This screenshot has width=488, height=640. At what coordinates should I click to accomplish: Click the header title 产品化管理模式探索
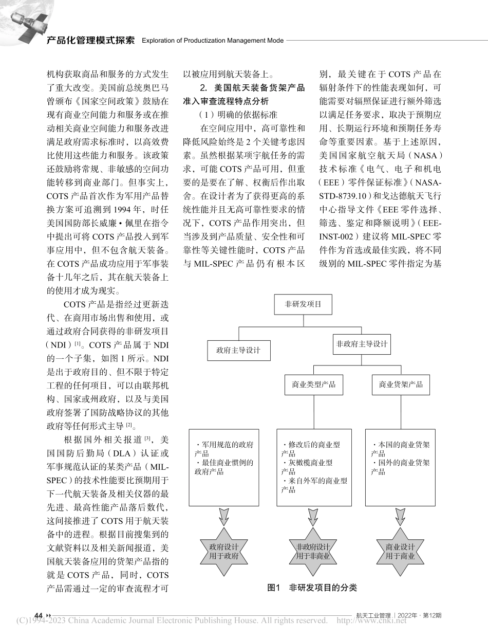pos(90,40)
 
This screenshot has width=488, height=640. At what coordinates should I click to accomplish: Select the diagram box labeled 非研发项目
pos(303,304)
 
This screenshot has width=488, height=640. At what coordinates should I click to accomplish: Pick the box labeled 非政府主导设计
pos(362,344)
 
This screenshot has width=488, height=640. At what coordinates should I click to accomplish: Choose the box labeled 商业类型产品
pos(313,384)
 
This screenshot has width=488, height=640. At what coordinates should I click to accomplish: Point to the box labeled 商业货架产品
pos(401,384)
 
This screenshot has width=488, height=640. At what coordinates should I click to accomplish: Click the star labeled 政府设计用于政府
pos(224,551)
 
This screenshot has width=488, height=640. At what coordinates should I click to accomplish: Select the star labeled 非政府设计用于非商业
pos(313,551)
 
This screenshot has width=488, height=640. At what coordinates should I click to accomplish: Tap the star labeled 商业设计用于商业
pos(400,551)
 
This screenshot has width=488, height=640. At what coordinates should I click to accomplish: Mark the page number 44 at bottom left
pos(39,615)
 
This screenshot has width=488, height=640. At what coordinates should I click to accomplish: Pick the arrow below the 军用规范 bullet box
pos(224,516)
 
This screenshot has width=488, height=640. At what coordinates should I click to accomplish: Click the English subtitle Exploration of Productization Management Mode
pos(212,41)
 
